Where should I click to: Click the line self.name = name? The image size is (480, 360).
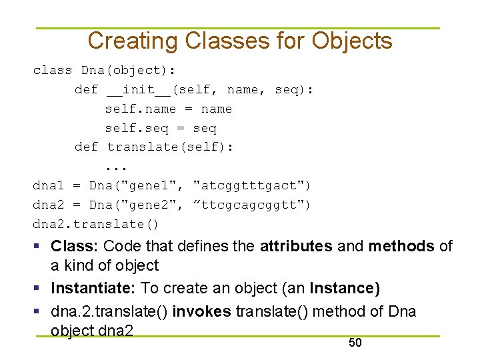click(168, 109)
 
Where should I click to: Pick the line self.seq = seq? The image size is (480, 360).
click(160, 128)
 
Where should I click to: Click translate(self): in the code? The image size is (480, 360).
click(170, 147)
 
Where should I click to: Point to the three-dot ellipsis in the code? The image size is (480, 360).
click(116, 166)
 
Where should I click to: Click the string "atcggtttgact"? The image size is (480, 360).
click(251, 185)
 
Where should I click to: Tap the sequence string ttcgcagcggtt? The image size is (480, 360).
click(251, 205)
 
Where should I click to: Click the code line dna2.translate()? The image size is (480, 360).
click(96, 224)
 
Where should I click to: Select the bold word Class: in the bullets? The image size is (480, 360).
click(75, 247)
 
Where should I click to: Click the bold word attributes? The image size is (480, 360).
click(296, 247)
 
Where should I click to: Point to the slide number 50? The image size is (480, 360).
click(355, 343)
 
